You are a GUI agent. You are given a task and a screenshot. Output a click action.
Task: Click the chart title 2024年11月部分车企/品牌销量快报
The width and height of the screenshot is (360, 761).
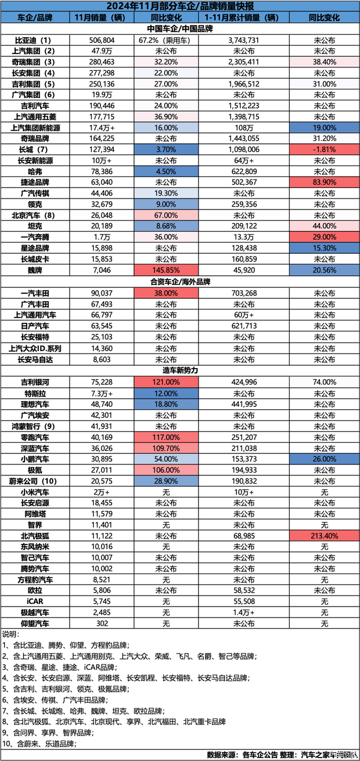click(179, 6)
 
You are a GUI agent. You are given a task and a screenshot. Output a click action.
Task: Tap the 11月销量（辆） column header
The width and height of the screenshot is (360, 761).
click(101, 17)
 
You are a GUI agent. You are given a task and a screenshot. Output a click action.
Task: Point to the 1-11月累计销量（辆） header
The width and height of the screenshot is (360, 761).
click(243, 17)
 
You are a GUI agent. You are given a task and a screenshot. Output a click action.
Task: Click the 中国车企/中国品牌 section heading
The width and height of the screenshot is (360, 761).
click(179, 28)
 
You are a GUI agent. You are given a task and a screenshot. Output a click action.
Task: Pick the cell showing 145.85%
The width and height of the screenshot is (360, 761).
click(166, 271)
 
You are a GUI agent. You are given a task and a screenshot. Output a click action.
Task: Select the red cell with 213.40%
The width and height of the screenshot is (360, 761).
click(324, 536)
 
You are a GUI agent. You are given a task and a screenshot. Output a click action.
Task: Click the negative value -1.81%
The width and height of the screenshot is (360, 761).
click(324, 150)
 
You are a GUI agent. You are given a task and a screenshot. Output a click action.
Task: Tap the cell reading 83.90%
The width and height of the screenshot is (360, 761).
click(324, 182)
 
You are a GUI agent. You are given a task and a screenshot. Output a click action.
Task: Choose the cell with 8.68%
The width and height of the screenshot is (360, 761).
click(166, 226)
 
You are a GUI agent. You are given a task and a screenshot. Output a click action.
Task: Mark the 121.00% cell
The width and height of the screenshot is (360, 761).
click(166, 383)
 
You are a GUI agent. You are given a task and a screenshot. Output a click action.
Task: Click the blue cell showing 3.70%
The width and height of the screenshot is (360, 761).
click(166, 150)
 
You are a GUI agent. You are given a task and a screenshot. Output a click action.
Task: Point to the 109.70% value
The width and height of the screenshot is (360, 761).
click(166, 448)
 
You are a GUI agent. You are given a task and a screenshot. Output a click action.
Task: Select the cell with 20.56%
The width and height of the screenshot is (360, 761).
click(324, 271)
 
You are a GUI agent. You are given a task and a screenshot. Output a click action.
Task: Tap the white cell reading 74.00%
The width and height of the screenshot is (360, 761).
click(324, 383)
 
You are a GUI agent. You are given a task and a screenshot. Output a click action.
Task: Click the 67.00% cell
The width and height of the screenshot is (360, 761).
click(166, 215)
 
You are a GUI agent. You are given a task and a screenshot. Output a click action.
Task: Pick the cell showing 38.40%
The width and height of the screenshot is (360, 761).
click(324, 62)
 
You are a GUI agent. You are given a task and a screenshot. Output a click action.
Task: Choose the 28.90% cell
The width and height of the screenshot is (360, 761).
click(166, 481)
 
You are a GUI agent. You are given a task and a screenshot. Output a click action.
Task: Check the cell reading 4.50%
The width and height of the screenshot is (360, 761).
click(166, 172)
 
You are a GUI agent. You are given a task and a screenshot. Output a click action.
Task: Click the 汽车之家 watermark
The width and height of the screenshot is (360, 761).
click(343, 755)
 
